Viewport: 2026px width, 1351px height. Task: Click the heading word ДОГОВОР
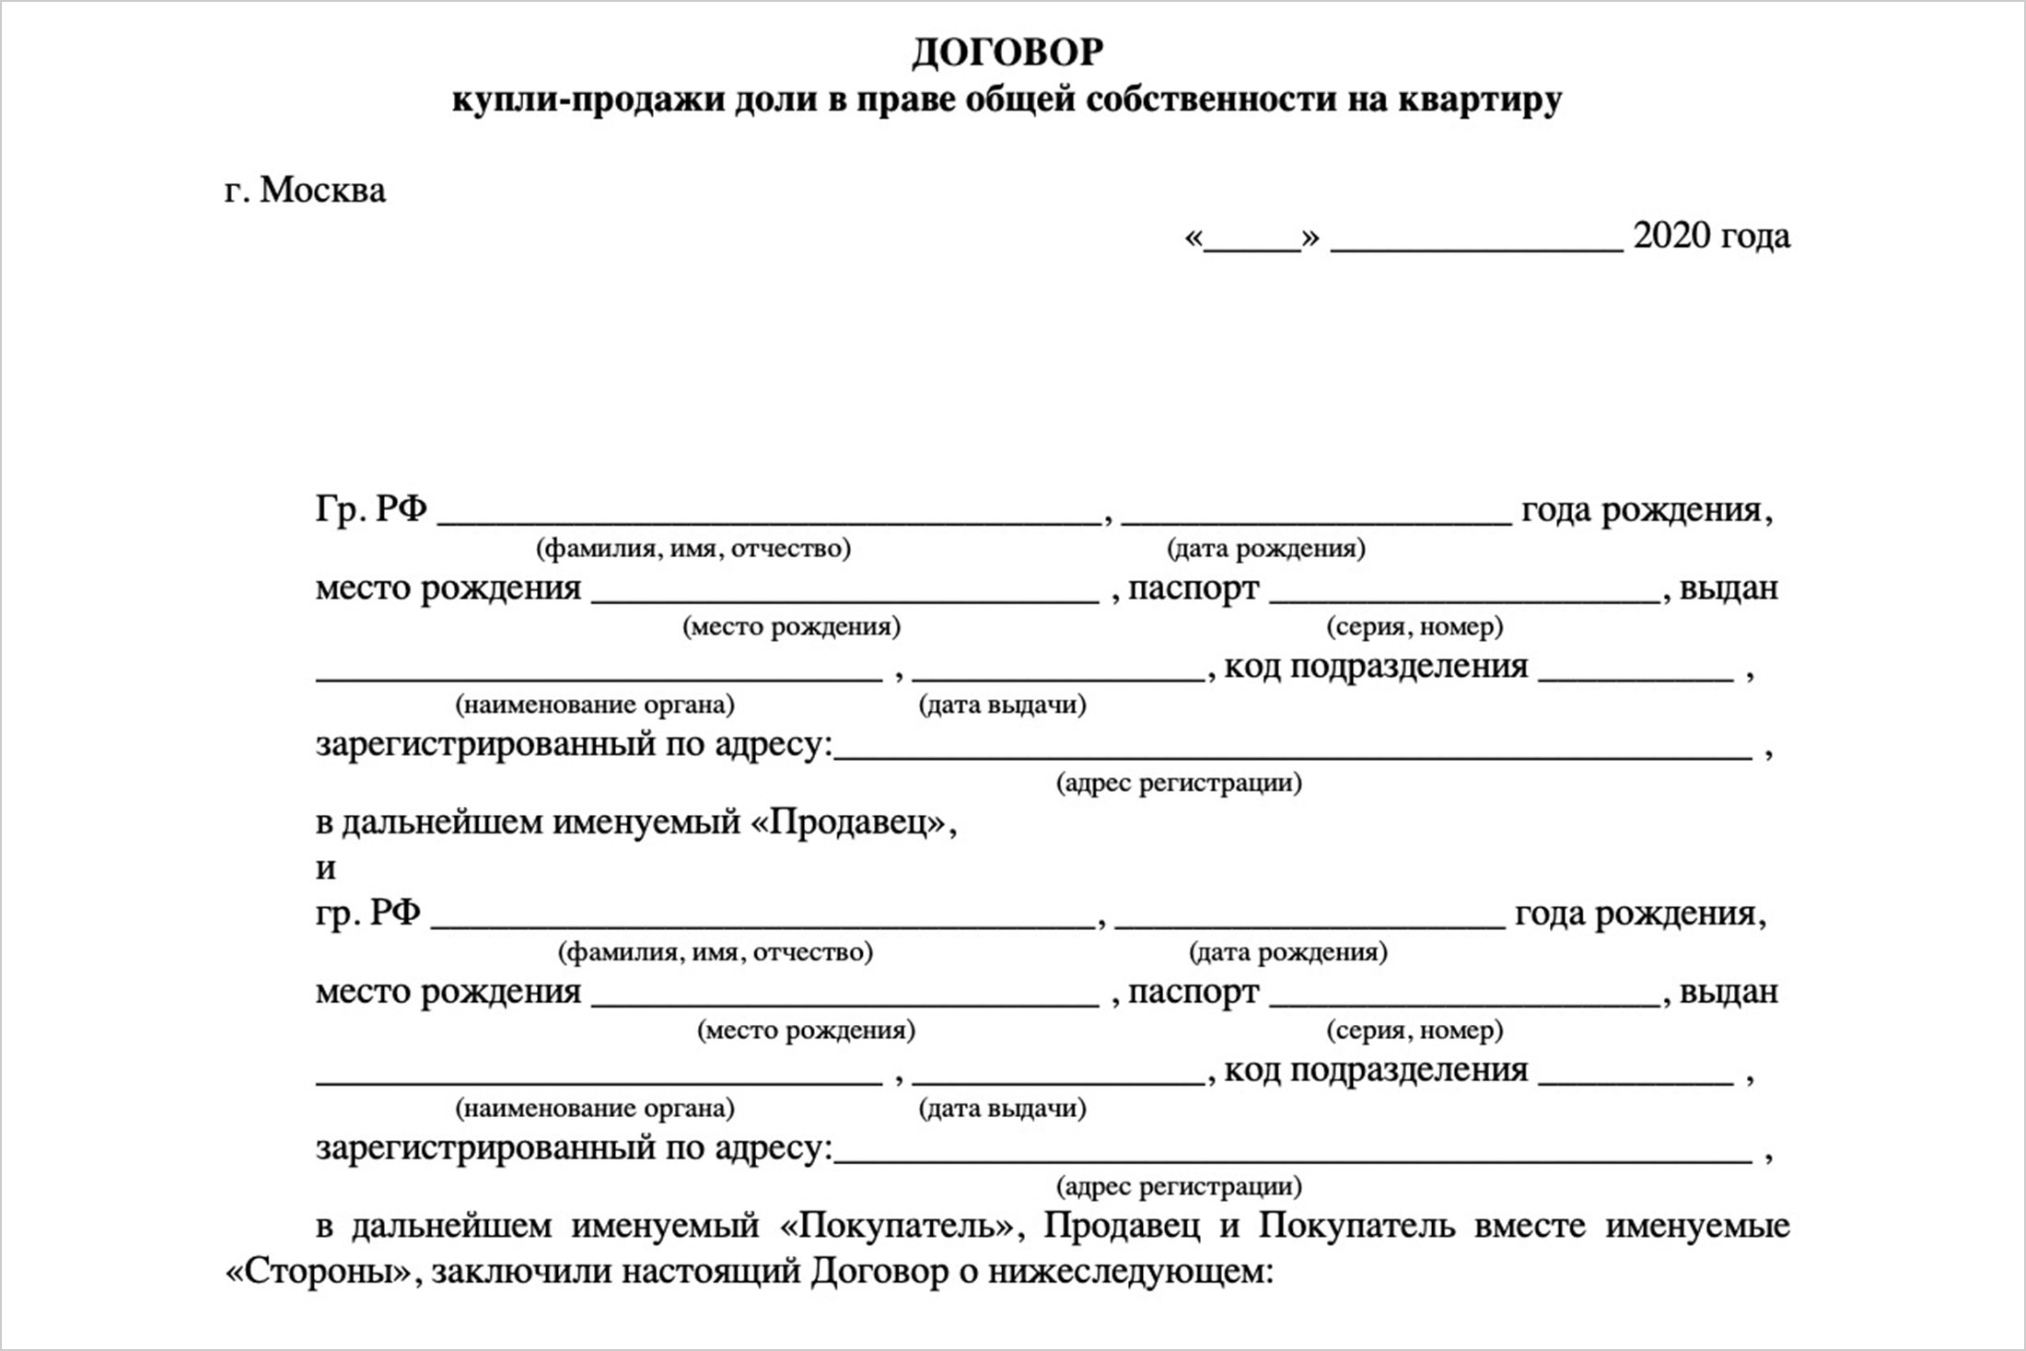coord(1007,52)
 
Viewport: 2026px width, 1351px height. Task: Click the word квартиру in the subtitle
coord(1480,99)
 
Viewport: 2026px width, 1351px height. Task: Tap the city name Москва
coord(322,191)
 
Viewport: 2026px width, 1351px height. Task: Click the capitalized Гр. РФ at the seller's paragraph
coord(371,509)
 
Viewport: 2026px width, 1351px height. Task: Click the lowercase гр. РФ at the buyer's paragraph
coord(367,913)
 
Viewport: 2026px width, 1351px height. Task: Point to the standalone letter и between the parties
coord(326,868)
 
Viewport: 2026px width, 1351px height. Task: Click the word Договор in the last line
coord(879,1272)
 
